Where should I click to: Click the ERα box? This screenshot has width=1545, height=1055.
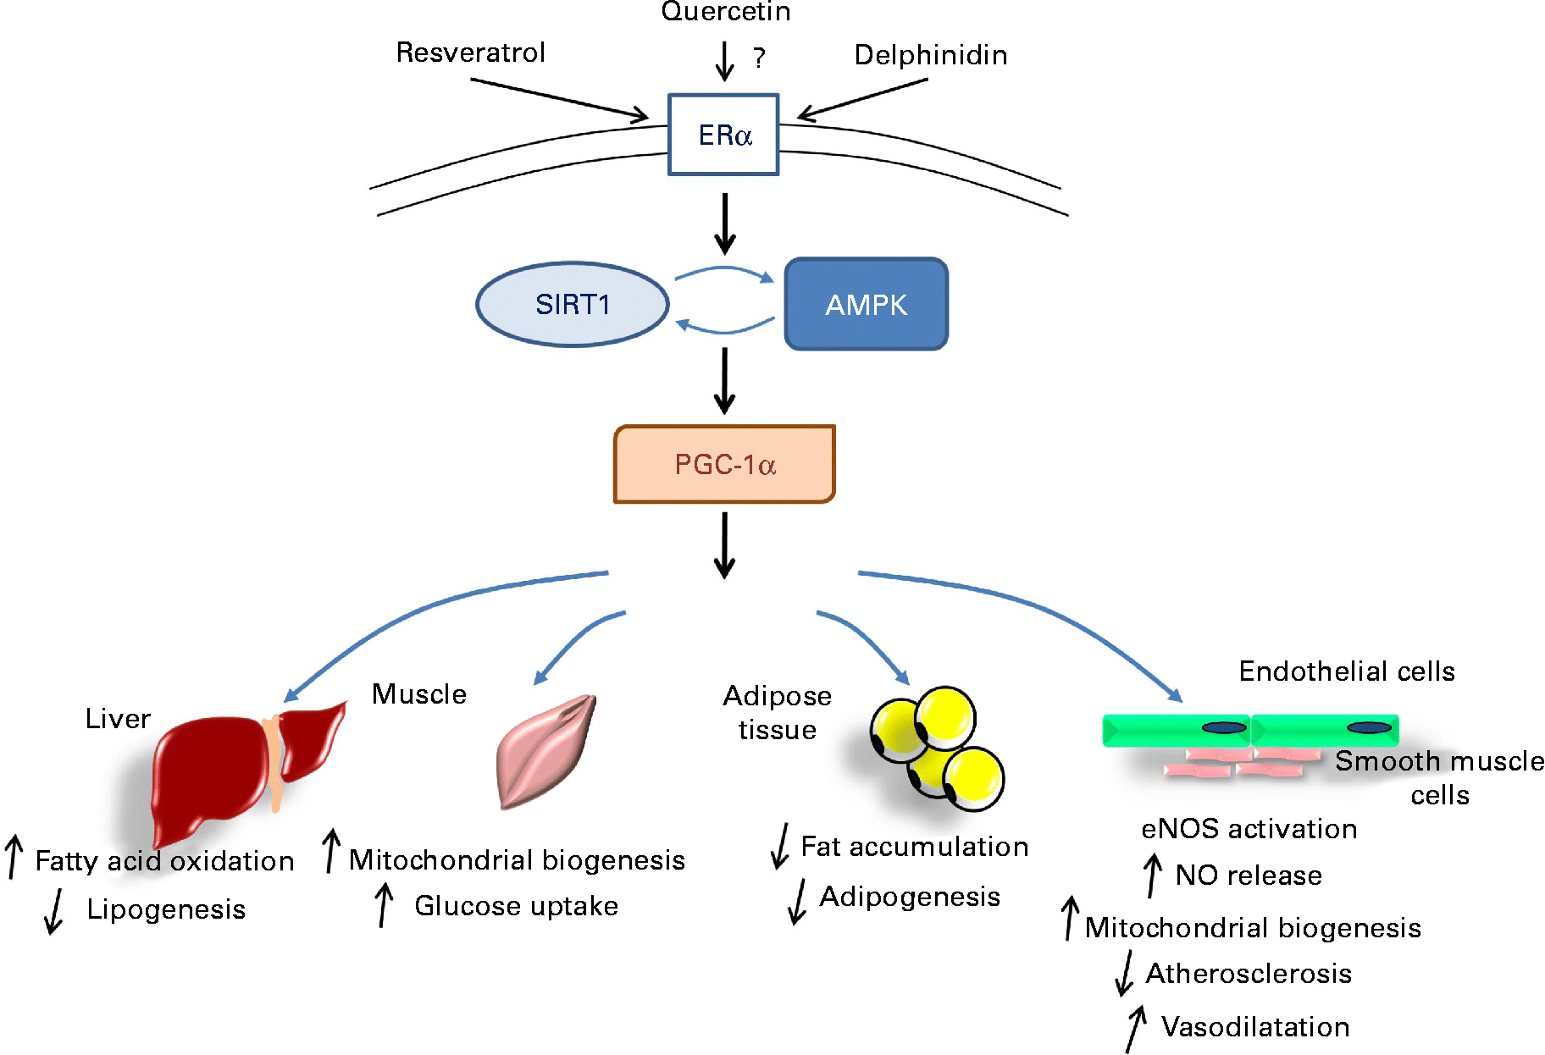coord(723,135)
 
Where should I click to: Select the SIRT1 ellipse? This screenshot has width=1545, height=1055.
coord(573,304)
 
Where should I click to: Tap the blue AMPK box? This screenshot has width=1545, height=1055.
coord(866,304)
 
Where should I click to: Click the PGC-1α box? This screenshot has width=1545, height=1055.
coord(724,464)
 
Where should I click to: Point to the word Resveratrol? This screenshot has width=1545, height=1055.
coord(471,52)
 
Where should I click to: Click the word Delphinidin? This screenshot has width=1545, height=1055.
coord(931,55)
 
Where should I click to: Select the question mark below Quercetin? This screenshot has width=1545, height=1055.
coord(759,58)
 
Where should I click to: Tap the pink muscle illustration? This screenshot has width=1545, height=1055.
coord(544,752)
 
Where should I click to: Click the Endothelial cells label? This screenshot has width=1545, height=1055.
coord(1346,671)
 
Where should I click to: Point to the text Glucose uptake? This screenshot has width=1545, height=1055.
coord(516,906)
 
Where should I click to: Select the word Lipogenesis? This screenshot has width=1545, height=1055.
coord(166,909)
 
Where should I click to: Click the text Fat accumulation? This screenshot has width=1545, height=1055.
coord(915,847)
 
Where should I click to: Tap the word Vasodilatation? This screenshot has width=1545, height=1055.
coord(1255,1027)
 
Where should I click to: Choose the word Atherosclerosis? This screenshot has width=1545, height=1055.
coord(1249,974)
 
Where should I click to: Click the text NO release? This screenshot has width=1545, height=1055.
coord(1249,875)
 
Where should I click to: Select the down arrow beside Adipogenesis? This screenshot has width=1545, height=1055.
coord(797,900)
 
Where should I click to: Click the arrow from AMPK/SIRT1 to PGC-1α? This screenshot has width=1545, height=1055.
coord(724,381)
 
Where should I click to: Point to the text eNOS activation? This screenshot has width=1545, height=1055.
coord(1249,829)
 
